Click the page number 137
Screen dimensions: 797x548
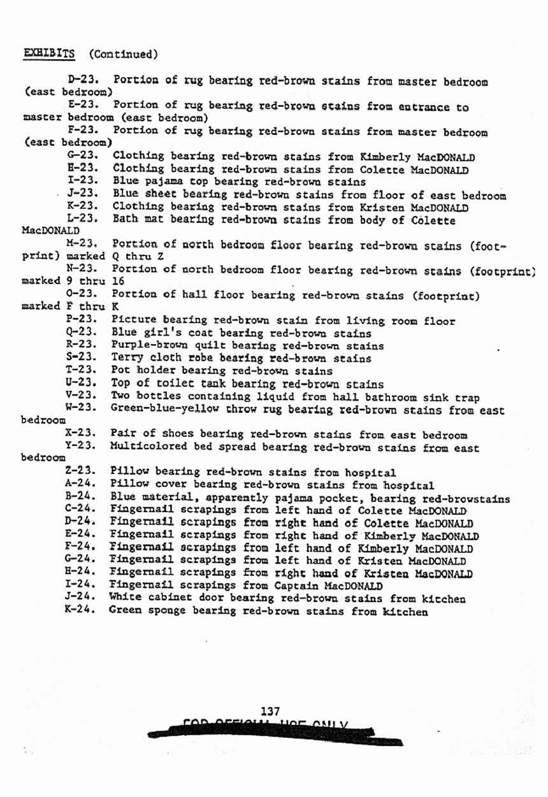click(271, 711)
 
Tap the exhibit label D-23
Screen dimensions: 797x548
click(80, 81)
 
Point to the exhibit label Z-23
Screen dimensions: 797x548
click(80, 472)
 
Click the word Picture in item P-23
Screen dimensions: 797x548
click(132, 320)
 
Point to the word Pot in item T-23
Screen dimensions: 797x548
click(120, 371)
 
